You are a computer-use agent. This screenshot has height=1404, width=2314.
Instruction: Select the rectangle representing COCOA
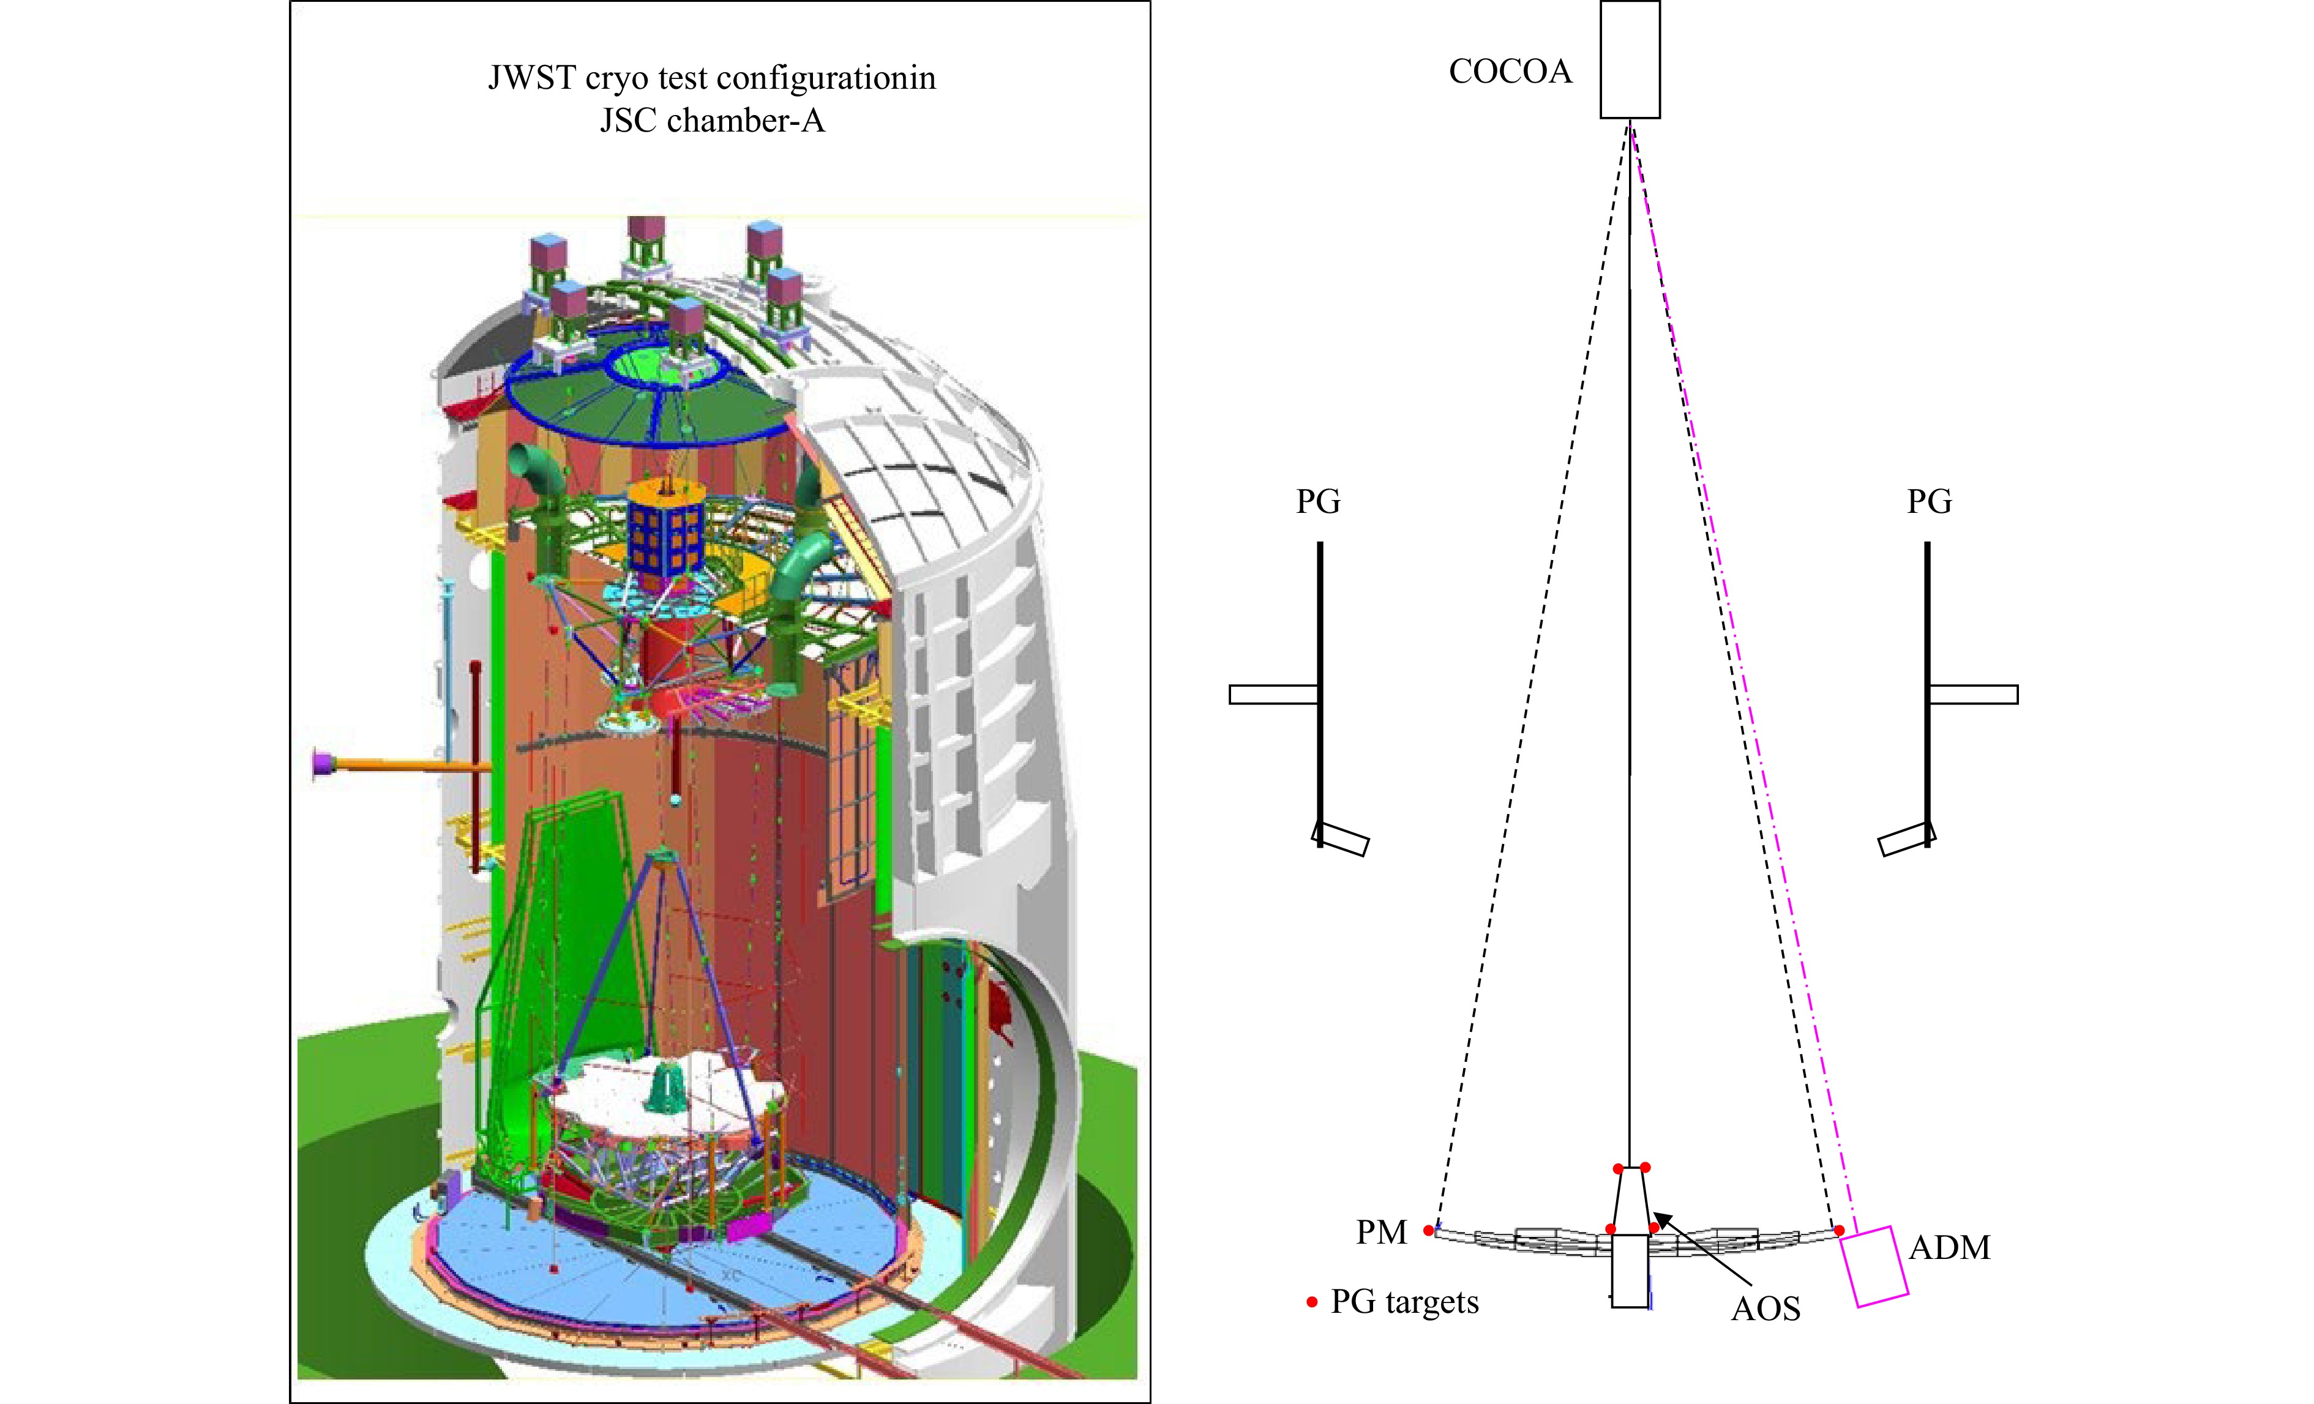(x=1630, y=59)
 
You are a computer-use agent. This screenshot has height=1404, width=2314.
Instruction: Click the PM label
(x=1382, y=1232)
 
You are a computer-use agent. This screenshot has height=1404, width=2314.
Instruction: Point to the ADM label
(x=1950, y=1247)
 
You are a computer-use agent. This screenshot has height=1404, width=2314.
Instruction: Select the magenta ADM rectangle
(x=1874, y=1266)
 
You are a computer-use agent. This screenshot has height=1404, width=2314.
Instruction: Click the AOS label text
(x=1765, y=1308)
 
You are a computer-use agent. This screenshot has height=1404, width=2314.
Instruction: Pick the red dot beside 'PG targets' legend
(x=1312, y=1302)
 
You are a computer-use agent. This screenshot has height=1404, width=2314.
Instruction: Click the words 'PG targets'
(x=1405, y=1302)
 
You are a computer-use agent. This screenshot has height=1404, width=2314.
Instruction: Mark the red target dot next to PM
(x=1428, y=1230)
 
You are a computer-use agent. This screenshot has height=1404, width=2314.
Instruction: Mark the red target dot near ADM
(x=1839, y=1230)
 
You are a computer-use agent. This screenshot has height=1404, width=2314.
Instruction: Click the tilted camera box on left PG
(x=1340, y=838)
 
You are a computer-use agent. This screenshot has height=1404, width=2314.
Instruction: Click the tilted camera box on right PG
(x=1906, y=838)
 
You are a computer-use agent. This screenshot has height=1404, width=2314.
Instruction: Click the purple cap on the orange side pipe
(x=324, y=764)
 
